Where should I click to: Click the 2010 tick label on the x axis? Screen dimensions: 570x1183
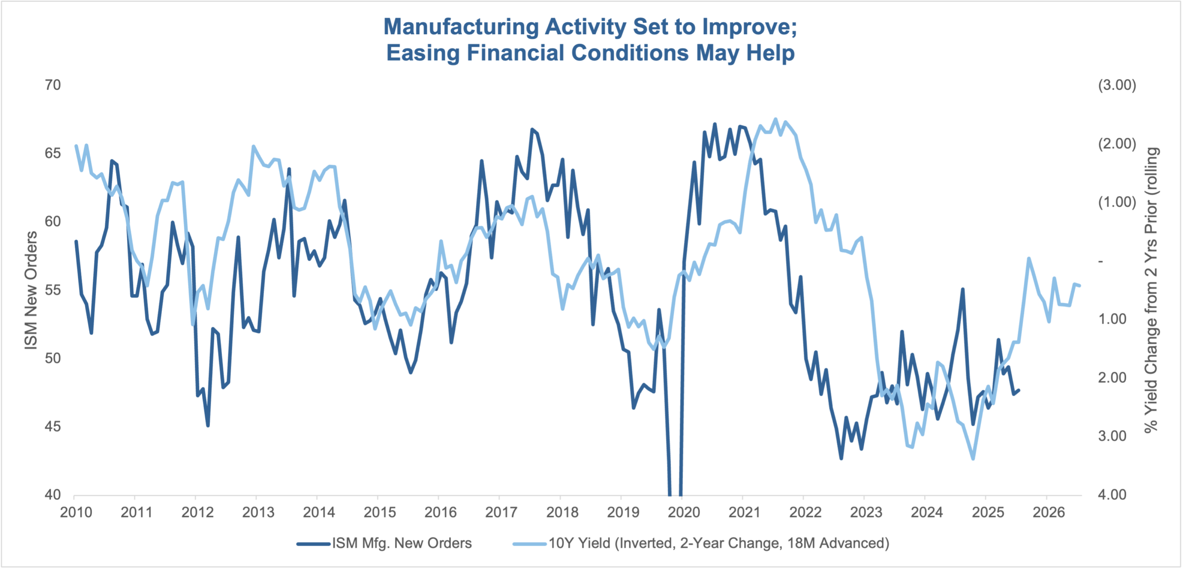pyautogui.click(x=76, y=512)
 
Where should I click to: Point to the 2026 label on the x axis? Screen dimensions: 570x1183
pyautogui.click(x=1049, y=512)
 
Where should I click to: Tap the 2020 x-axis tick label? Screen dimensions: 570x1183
pyautogui.click(x=684, y=512)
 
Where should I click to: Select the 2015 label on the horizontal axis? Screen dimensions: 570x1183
pyautogui.click(x=380, y=512)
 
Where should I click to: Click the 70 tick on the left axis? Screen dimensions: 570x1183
pyautogui.click(x=53, y=85)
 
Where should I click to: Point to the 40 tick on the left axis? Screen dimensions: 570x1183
pyautogui.click(x=53, y=495)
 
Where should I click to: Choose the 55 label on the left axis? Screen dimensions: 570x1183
pyautogui.click(x=53, y=290)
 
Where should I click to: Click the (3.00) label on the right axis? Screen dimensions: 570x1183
pyautogui.click(x=1117, y=85)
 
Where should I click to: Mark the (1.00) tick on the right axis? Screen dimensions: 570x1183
pyautogui.click(x=1117, y=202)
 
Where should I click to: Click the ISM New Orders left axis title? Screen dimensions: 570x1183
pyautogui.click(x=31, y=290)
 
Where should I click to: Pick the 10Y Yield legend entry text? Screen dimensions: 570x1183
pyautogui.click(x=719, y=543)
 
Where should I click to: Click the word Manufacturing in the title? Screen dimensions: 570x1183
pyautogui.click(x=461, y=27)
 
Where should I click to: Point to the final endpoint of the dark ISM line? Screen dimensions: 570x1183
pyautogui.click(x=1019, y=390)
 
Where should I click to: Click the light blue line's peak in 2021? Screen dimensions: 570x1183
pyautogui.click(x=775, y=119)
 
